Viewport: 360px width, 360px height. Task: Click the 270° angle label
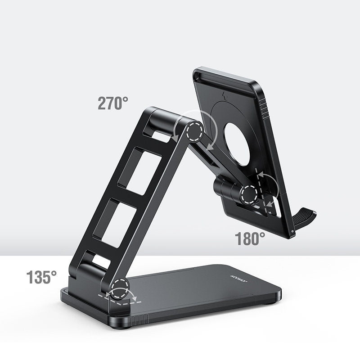click(x=113, y=103)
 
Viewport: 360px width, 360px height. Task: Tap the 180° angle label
click(x=250, y=238)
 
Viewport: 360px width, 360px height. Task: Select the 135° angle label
click(x=41, y=277)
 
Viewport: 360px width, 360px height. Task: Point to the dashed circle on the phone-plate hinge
click(x=248, y=194)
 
